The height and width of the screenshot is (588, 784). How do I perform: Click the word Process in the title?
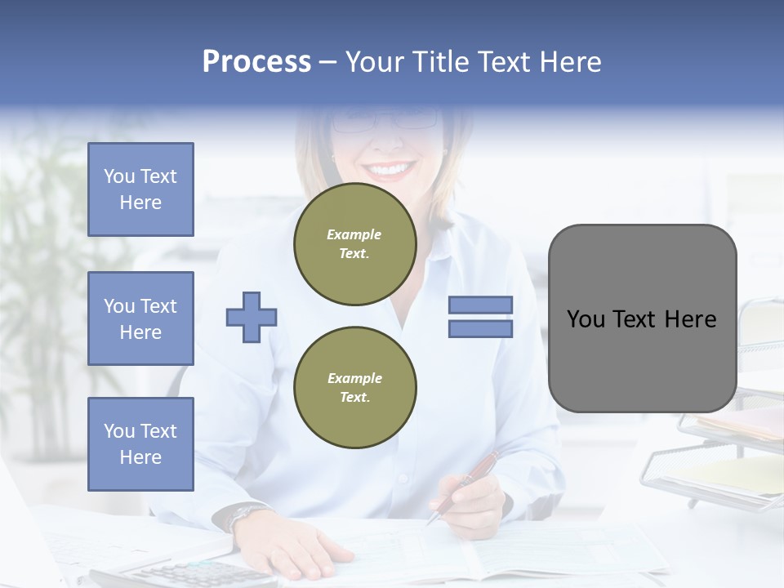256,62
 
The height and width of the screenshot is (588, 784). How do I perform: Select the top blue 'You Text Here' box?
140,189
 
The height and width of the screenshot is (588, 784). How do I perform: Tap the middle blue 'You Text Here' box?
140,318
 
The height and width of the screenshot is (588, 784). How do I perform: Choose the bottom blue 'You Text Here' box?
140,444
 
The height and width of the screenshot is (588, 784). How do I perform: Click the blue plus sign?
252,317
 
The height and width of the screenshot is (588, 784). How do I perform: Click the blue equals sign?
480,317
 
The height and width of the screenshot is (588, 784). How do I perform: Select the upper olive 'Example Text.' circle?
354,244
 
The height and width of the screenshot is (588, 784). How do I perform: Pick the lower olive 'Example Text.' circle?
354,387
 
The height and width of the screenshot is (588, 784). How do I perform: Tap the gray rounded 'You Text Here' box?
642,318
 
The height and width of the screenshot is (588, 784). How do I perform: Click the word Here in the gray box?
691,319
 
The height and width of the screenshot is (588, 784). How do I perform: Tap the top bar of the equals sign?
480,305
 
